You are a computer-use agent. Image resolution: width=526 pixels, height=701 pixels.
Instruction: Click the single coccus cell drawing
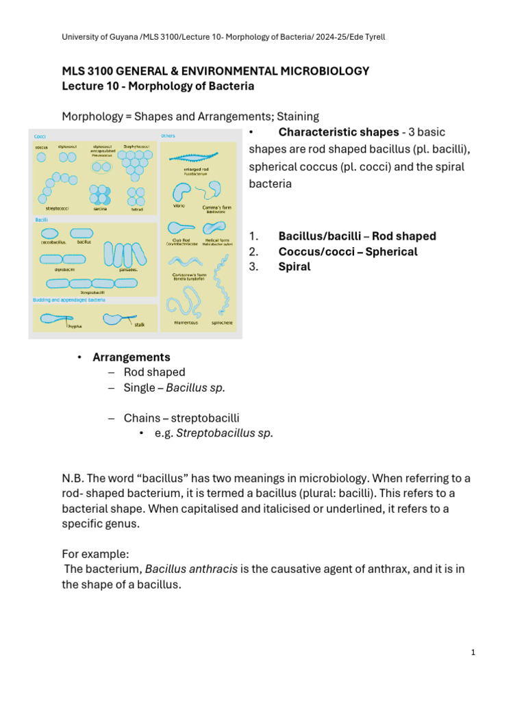[x=42, y=157]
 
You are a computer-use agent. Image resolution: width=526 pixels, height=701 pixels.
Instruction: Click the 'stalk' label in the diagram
[x=139, y=325]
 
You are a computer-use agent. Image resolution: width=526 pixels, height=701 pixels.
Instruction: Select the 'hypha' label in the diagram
[x=75, y=327]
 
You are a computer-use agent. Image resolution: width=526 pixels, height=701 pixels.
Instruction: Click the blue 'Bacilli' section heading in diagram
[x=42, y=220]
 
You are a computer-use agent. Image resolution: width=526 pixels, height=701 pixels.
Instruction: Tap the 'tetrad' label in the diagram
[x=137, y=208]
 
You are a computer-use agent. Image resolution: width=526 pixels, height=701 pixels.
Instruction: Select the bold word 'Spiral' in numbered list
[x=294, y=267]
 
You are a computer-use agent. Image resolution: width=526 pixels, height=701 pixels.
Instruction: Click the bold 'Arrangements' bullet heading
[x=131, y=357]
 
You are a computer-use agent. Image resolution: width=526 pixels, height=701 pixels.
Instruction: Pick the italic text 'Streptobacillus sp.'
[x=220, y=433]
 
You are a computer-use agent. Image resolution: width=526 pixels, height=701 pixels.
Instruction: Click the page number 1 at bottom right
[x=473, y=652]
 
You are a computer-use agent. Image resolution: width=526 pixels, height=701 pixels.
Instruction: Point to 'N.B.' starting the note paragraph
[x=73, y=477]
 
